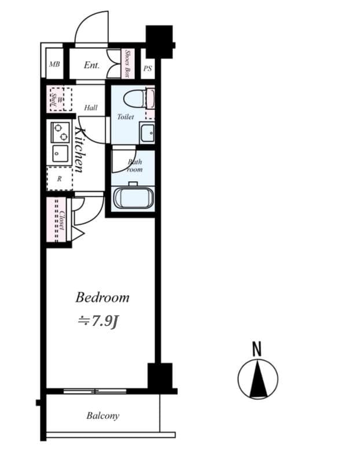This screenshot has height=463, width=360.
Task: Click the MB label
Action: point(54,65)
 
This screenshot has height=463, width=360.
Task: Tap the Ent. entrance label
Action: point(91,65)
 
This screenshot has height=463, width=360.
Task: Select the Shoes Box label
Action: point(128,64)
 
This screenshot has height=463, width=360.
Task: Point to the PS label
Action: point(147,69)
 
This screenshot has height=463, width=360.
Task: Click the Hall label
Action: point(91,108)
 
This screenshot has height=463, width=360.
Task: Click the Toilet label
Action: point(126,117)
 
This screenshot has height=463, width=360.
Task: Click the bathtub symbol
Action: point(134,197)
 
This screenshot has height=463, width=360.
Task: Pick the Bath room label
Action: point(134,166)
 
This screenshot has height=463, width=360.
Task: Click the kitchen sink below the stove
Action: point(60,153)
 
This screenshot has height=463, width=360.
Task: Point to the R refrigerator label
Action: point(59,179)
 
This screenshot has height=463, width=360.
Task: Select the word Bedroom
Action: point(102,297)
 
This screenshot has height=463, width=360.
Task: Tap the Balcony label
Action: point(103,416)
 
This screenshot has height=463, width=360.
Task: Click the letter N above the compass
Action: point(257,349)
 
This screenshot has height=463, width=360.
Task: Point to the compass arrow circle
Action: point(258,379)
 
